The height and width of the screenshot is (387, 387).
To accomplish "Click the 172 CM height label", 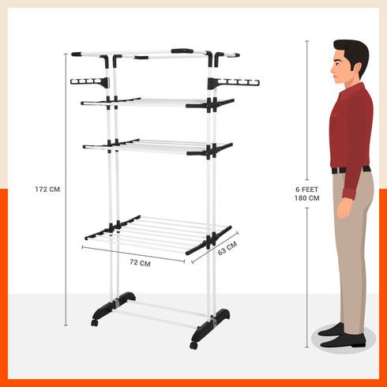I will click(47, 189).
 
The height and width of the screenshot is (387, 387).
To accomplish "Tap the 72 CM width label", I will click(139, 263).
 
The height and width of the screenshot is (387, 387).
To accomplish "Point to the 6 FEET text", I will click(307, 190).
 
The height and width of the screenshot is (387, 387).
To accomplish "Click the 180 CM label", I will click(307, 198).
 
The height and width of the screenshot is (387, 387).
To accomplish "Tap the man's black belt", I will click(349, 169).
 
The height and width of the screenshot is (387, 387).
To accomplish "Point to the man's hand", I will click(344, 209).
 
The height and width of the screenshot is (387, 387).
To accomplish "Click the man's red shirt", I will click(351, 126).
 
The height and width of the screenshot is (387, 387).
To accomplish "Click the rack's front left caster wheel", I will click(95, 322).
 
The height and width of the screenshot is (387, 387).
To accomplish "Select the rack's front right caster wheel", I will click(193, 344).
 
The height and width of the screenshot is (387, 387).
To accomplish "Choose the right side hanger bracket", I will click(235, 81).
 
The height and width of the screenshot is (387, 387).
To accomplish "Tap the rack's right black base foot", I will click(215, 320).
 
